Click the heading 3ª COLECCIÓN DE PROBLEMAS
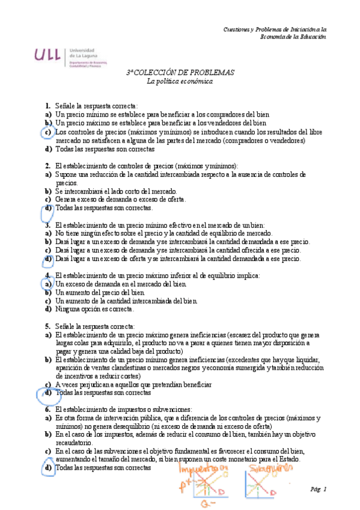180,72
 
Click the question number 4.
47,275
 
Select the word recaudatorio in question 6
75,442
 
